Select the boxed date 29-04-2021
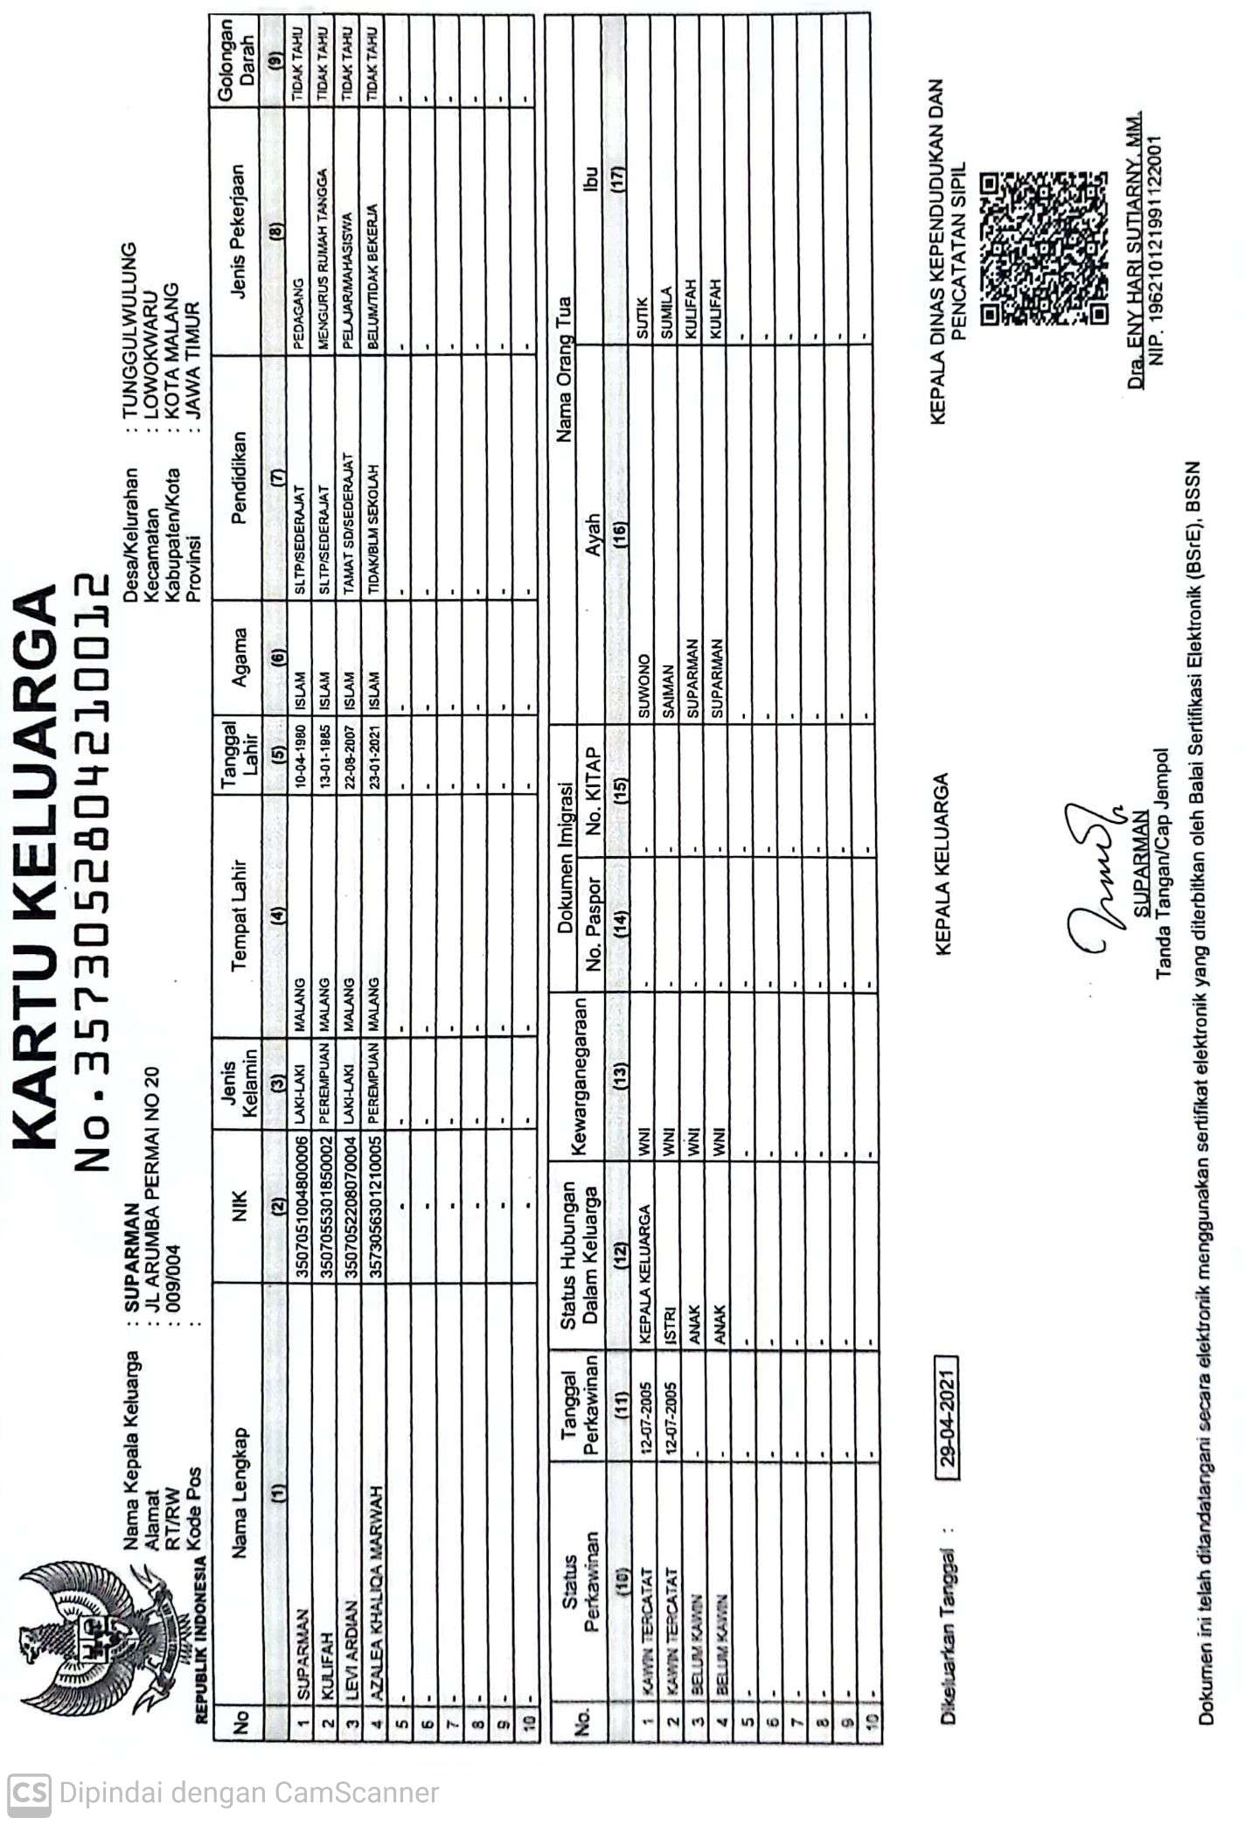947,1417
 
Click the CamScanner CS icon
28,1792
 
